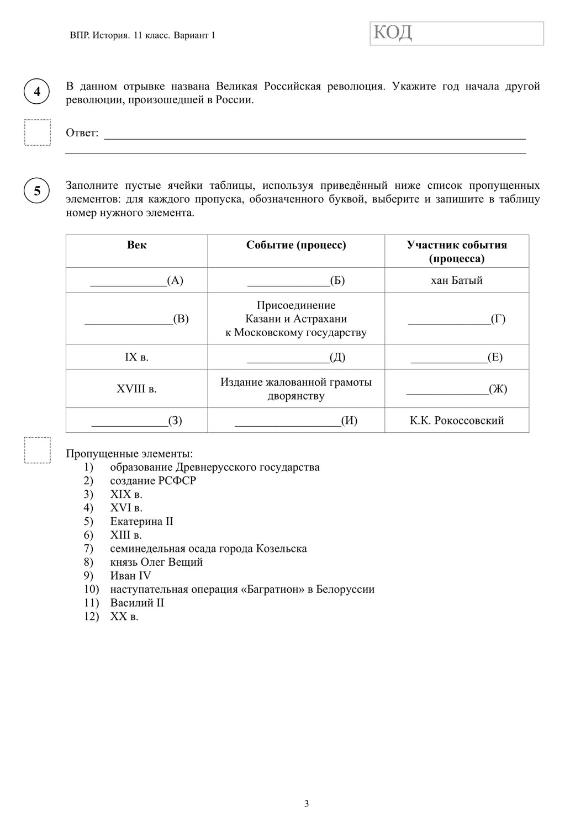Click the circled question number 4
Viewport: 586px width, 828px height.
pyautogui.click(x=37, y=92)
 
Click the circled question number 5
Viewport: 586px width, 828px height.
pyautogui.click(x=37, y=191)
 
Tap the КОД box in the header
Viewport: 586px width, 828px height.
pyautogui.click(x=456, y=34)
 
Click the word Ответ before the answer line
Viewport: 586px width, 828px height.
pyautogui.click(x=82, y=133)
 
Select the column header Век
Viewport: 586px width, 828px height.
pyautogui.click(x=137, y=245)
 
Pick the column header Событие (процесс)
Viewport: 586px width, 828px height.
pyautogui.click(x=296, y=245)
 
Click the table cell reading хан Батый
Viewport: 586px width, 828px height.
pyautogui.click(x=457, y=280)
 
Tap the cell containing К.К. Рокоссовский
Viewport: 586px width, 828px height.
pyautogui.click(x=457, y=421)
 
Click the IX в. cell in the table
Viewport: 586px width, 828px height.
pyautogui.click(x=137, y=357)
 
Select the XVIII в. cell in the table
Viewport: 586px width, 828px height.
pyautogui.click(x=137, y=389)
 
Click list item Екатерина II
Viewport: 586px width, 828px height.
pyautogui.click(x=141, y=522)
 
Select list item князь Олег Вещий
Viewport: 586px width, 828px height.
pyautogui.click(x=156, y=562)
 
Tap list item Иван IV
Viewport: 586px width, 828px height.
pyautogui.click(x=130, y=576)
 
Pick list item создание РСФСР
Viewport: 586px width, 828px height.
pyautogui.click(x=153, y=481)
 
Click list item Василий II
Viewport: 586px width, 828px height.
pyautogui.click(x=137, y=603)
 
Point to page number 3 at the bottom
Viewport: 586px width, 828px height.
pyautogui.click(x=307, y=804)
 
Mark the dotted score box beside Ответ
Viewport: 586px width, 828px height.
pyautogui.click(x=37, y=132)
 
